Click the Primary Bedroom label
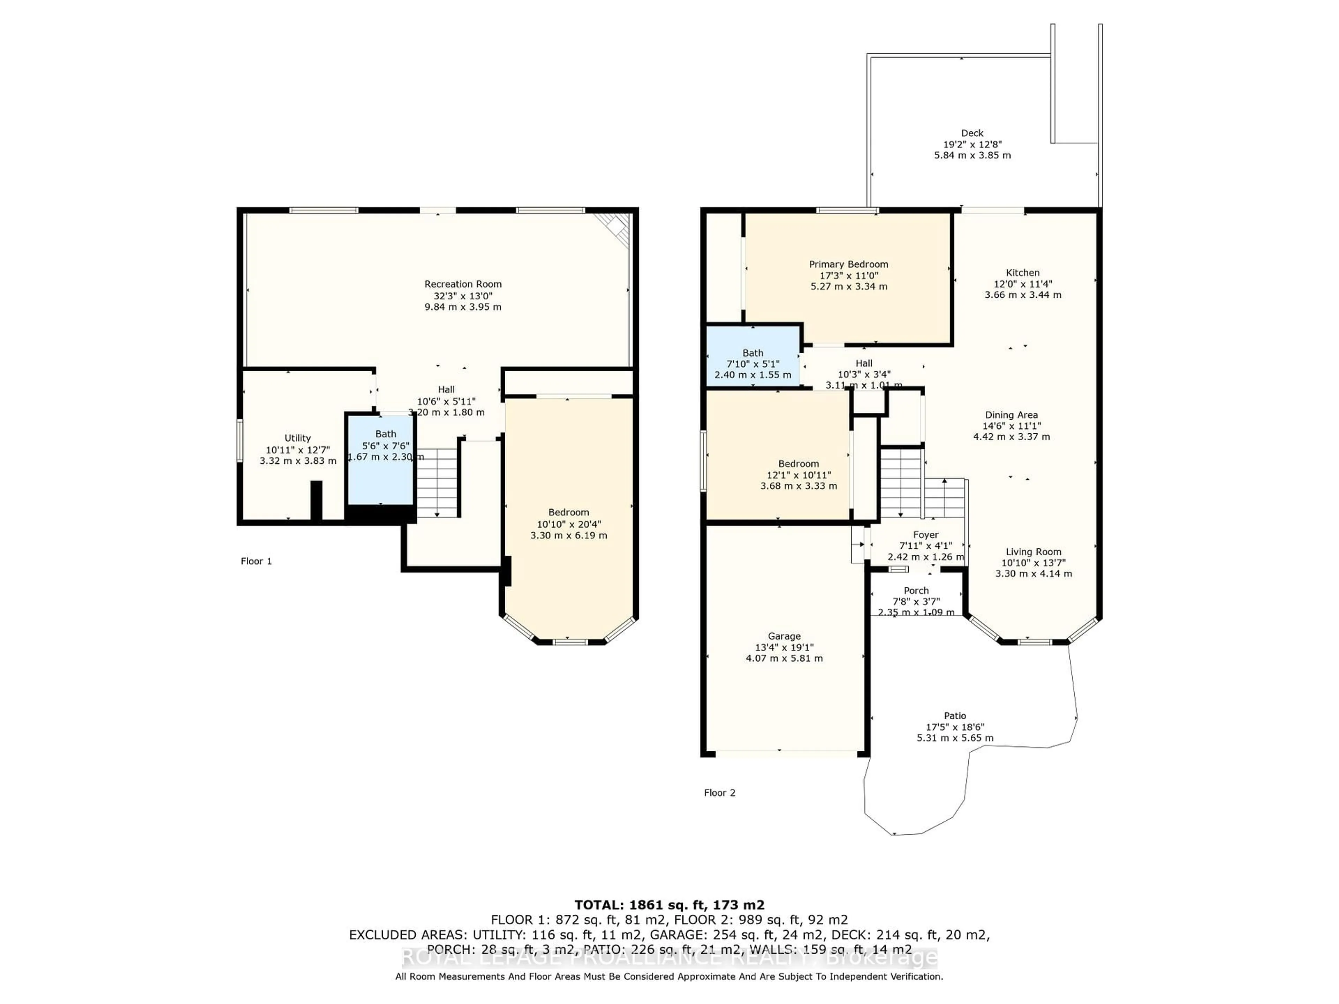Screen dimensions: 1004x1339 pos(849,265)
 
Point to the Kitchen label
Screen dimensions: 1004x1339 pos(1022,273)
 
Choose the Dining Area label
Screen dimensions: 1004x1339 pos(1011,415)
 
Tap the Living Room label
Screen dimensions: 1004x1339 pos(1033,552)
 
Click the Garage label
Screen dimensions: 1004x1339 pos(784,636)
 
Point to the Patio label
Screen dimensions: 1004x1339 pos(955,716)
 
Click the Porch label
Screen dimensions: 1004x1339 pos(916,591)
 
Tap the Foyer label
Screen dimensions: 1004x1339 pos(925,535)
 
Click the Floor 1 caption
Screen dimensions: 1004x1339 pos(256,561)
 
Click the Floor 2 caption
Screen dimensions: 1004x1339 pos(719,793)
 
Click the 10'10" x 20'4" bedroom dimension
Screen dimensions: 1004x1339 pos(568,524)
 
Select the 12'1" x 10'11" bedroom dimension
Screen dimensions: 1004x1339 pos(799,475)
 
